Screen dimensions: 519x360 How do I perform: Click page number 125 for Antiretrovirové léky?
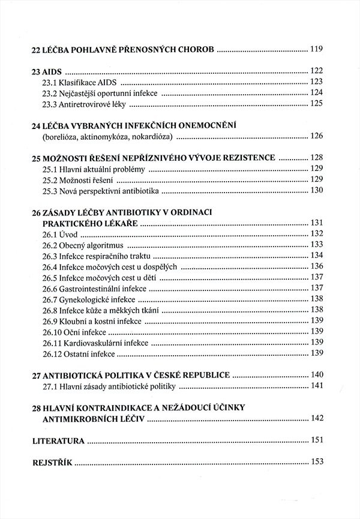(317, 103)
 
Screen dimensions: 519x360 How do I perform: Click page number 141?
(317, 385)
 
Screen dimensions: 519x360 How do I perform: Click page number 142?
(317, 418)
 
